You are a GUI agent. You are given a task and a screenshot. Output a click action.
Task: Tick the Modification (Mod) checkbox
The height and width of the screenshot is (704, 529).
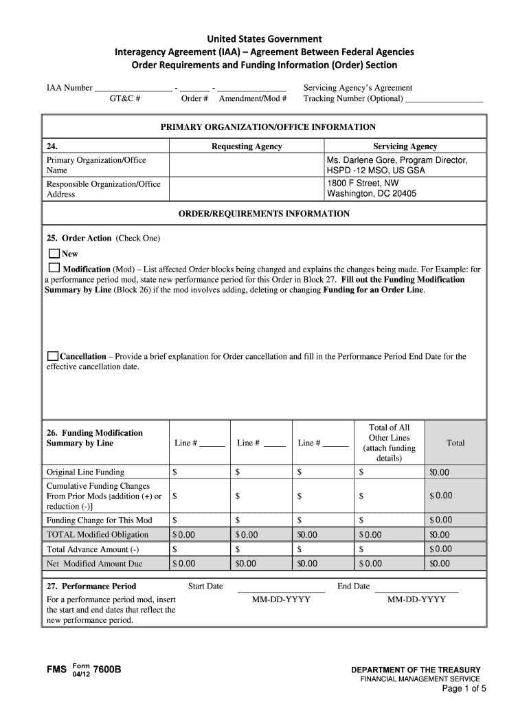point(54,267)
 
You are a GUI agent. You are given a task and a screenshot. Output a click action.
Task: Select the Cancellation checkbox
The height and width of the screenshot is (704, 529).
point(53,356)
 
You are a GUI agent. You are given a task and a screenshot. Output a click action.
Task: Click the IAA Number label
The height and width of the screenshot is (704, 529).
point(69,88)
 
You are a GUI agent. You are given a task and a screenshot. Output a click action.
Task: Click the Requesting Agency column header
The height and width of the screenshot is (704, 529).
point(247,146)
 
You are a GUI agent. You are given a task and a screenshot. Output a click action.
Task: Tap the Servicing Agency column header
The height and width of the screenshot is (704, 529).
point(405,146)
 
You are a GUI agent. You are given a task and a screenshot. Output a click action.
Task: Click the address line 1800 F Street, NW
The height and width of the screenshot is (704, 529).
point(363,184)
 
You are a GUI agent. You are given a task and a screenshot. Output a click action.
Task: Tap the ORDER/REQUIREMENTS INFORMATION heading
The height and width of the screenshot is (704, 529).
point(264,214)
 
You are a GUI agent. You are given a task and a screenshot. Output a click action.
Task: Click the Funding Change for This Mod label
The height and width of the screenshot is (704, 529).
point(99,520)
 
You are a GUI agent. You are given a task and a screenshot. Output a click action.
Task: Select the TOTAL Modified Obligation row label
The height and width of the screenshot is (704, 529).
point(97,535)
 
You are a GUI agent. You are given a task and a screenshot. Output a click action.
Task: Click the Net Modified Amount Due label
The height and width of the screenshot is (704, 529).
point(94,564)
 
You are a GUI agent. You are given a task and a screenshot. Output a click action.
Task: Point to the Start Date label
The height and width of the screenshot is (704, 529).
point(205,586)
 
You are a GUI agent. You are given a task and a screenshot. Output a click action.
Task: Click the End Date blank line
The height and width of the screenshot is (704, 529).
point(416,588)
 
